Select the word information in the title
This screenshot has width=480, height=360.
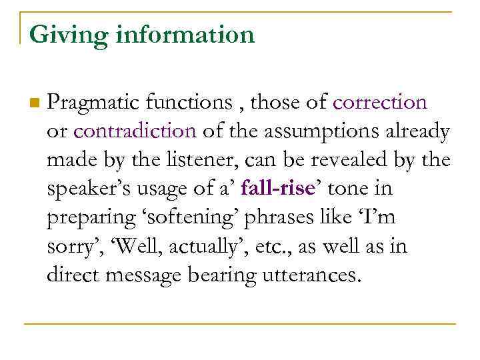185,34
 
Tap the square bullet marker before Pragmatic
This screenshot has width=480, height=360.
34,103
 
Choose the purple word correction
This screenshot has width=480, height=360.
379,103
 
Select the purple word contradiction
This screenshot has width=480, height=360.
135,131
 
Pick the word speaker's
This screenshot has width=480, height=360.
89,189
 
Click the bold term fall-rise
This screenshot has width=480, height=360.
277,189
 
